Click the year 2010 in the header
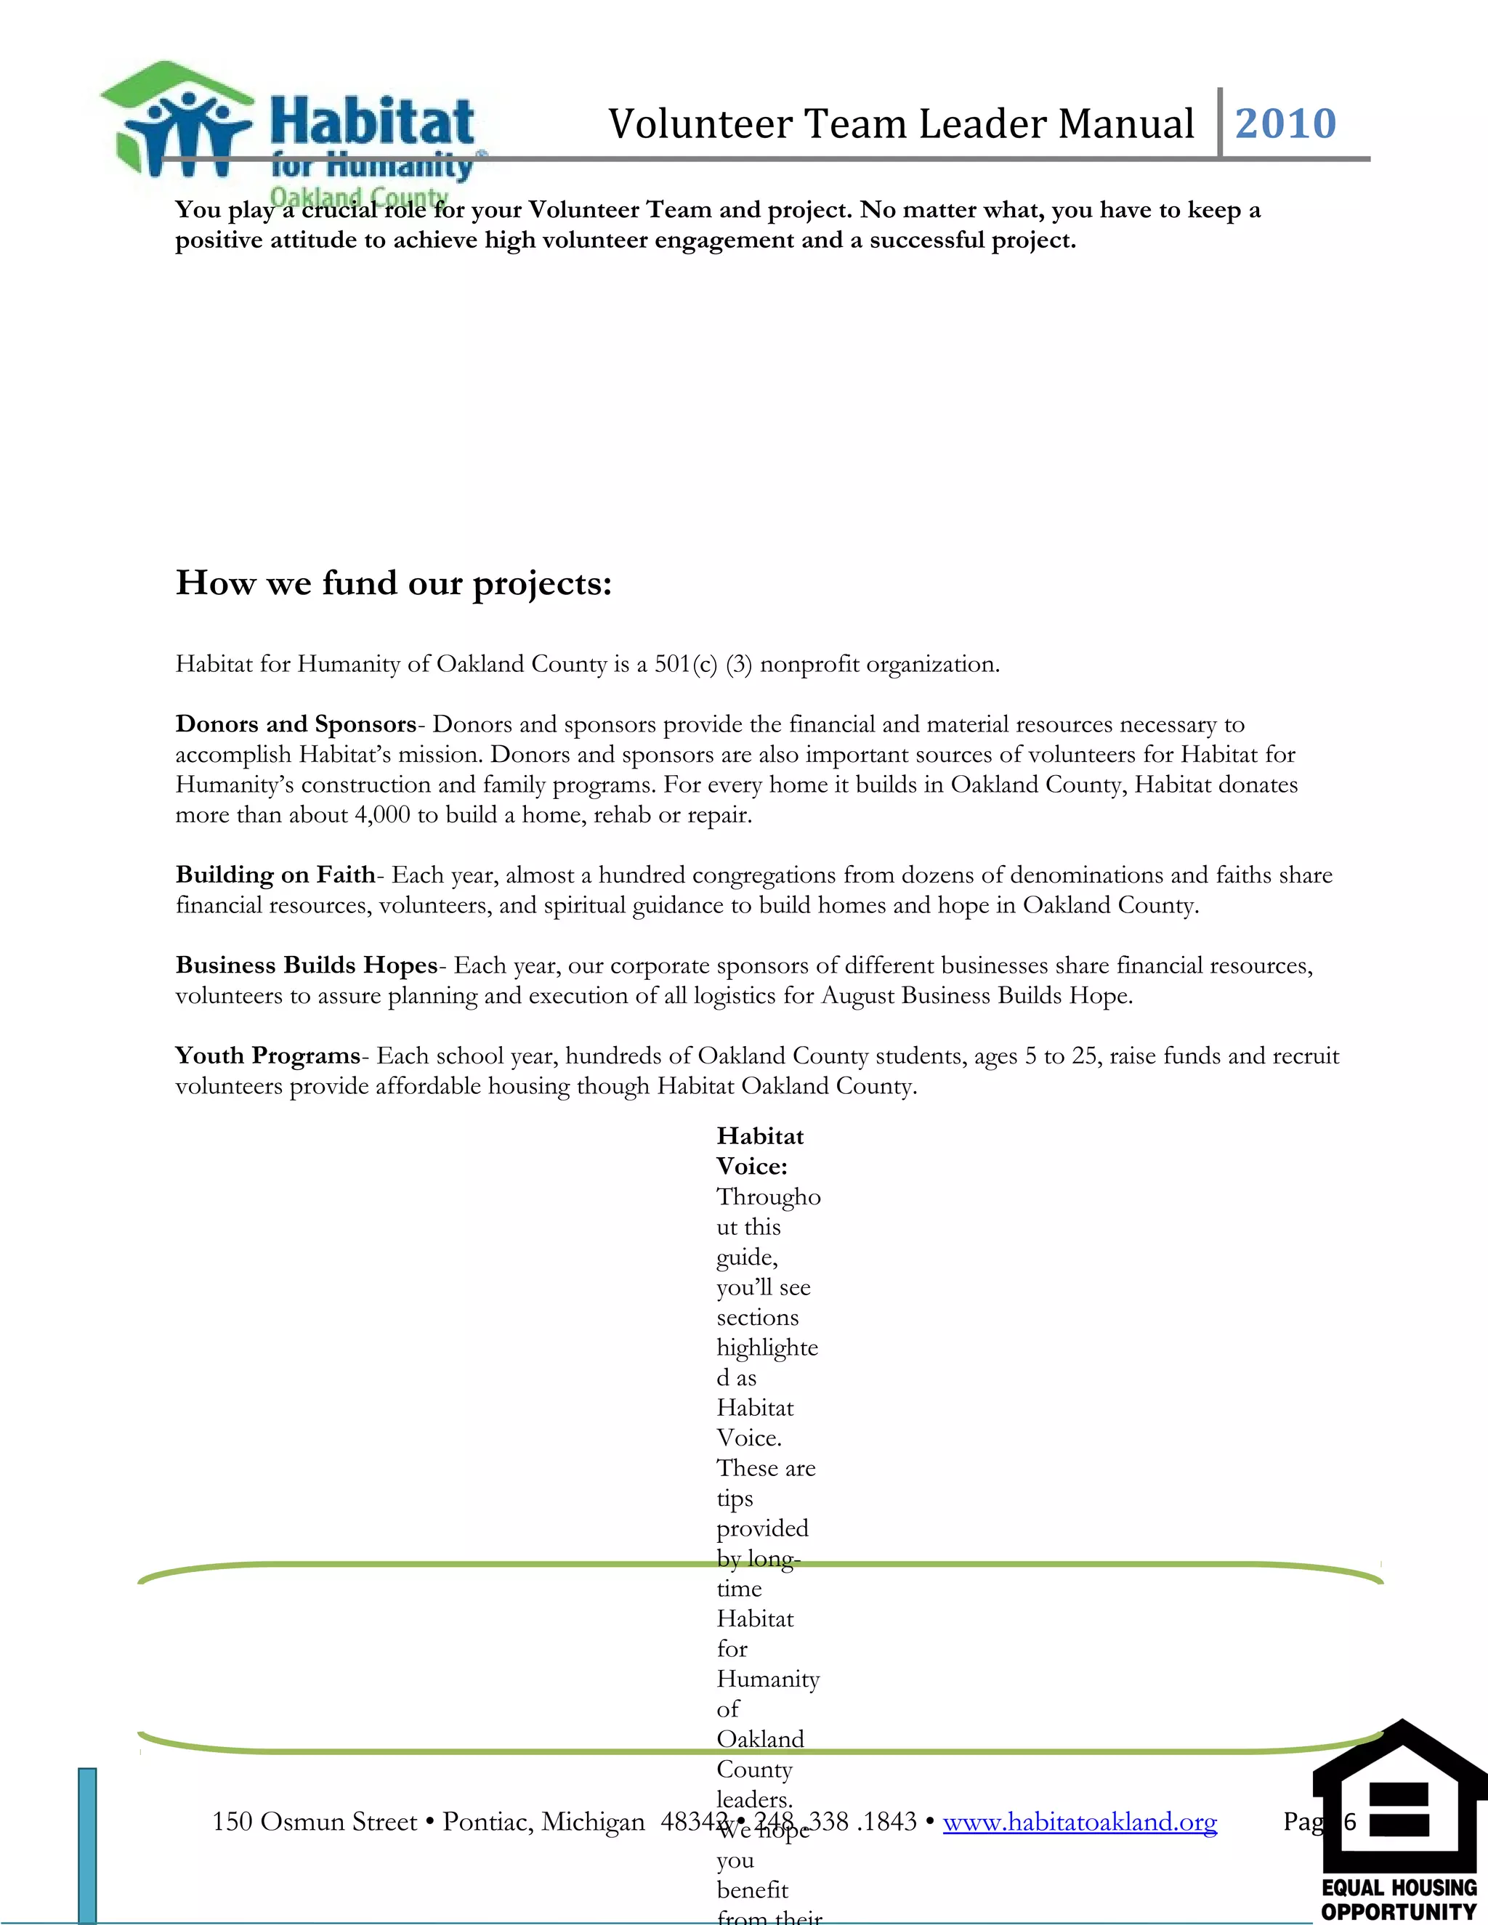(x=1285, y=123)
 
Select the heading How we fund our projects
(x=393, y=583)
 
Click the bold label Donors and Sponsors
(x=295, y=724)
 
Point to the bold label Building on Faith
(x=275, y=875)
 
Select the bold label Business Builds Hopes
(x=306, y=965)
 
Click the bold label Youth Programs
(x=268, y=1056)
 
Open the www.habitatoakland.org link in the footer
(x=1079, y=1821)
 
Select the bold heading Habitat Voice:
(x=760, y=1151)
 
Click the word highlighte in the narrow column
(x=767, y=1347)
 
